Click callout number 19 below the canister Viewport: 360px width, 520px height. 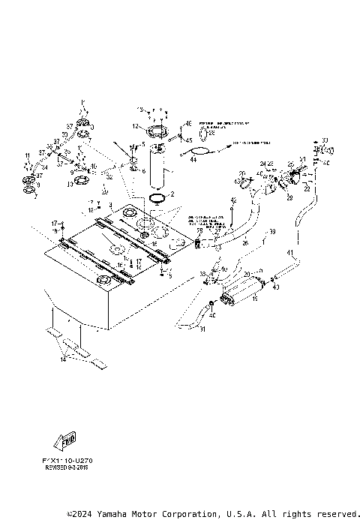point(254,299)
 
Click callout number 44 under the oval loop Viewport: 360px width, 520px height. point(193,159)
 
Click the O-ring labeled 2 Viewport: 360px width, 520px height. point(158,198)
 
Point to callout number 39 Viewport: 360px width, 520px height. point(272,231)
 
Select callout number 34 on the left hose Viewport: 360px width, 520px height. point(44,168)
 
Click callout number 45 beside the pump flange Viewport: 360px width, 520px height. point(188,140)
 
